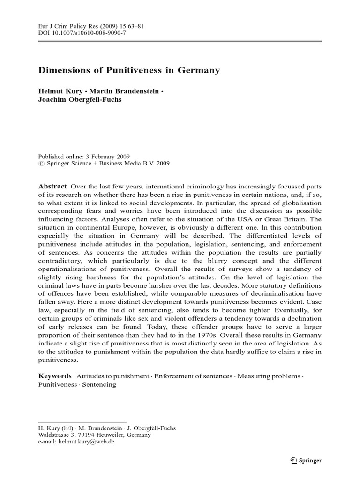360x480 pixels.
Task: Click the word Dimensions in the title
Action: (x=61, y=70)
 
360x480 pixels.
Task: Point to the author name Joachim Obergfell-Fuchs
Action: (x=80, y=99)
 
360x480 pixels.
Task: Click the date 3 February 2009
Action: (x=105, y=157)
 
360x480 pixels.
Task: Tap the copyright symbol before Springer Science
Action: (x=40, y=164)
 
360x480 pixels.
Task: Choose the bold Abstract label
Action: (x=52, y=186)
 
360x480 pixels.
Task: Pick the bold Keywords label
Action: (x=54, y=376)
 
